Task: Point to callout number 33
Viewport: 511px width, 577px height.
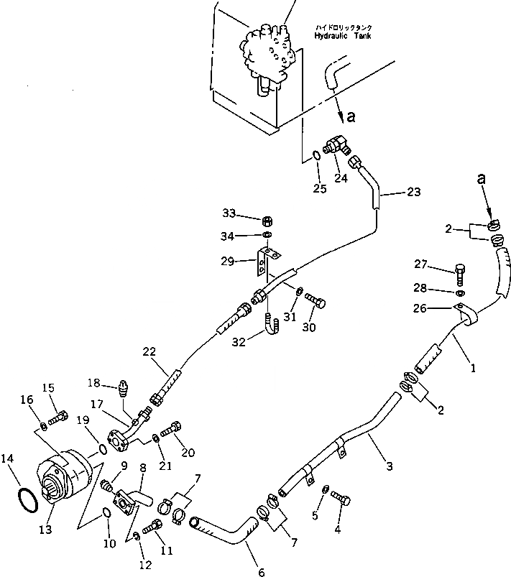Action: coord(229,213)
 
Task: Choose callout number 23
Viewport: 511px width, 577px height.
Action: coord(414,192)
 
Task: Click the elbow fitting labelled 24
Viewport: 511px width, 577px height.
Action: coord(335,146)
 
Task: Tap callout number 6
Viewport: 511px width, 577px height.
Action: coord(261,573)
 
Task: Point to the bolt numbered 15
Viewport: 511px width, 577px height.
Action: coord(59,417)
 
